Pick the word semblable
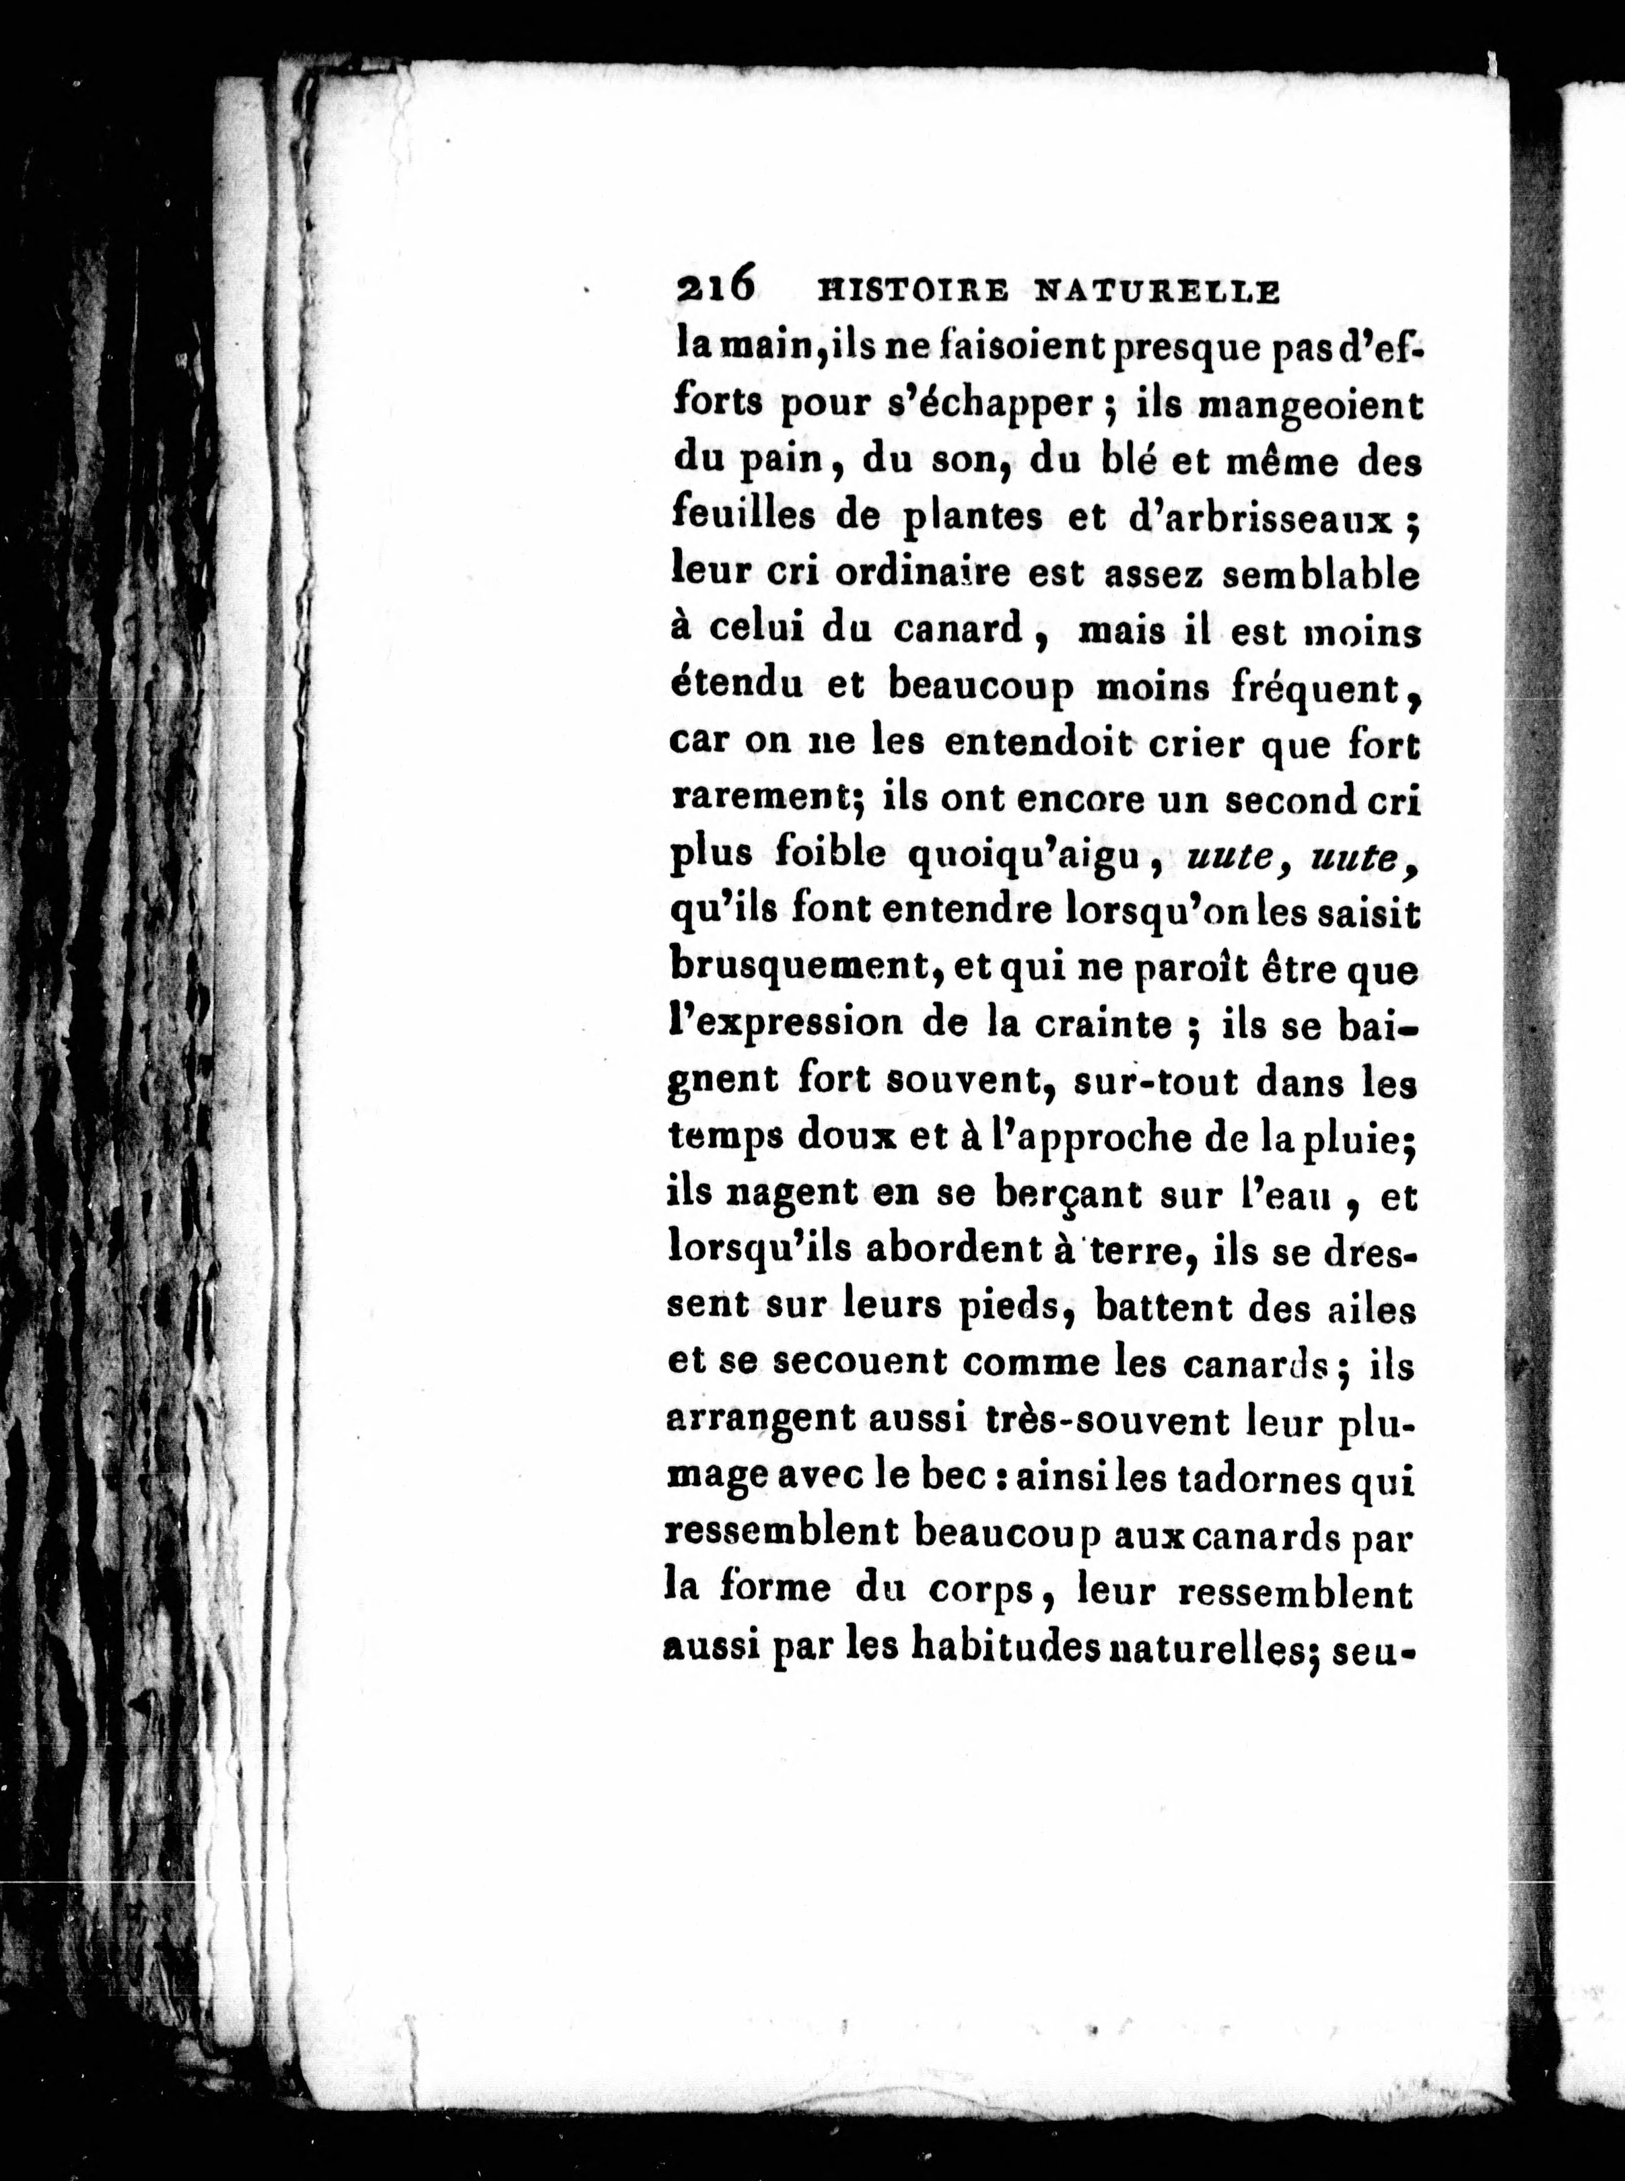[1320, 576]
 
